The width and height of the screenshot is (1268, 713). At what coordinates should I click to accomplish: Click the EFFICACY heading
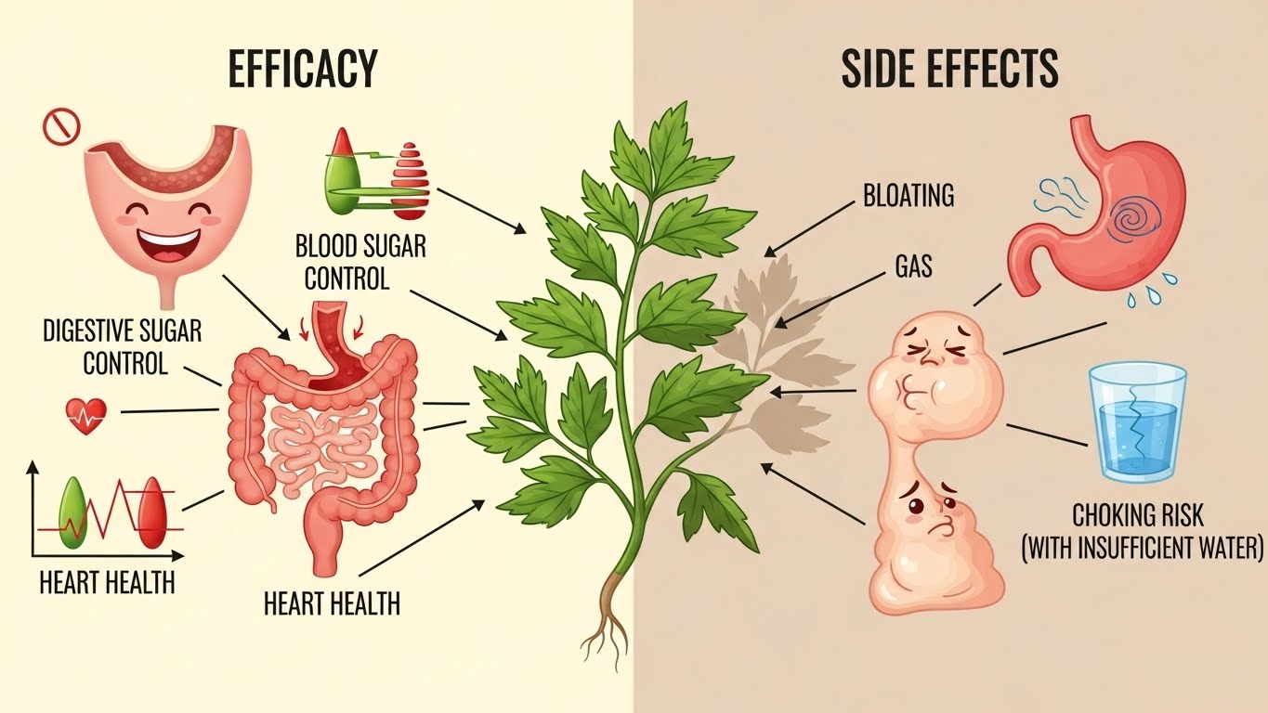303,69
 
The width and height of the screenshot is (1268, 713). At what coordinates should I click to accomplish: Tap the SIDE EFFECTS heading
949,69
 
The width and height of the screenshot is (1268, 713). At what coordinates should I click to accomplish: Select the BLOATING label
909,197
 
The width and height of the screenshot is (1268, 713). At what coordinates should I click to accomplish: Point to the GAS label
913,267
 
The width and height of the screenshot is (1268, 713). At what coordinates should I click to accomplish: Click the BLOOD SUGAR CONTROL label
360,263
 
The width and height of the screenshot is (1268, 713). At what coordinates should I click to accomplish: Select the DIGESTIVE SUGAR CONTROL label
122,346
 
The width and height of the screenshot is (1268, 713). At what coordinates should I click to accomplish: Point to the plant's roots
607,618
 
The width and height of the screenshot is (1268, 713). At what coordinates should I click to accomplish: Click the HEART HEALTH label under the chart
107,583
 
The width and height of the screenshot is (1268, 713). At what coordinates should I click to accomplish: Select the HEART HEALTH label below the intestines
332,604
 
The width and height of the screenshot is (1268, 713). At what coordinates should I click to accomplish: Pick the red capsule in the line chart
155,515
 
